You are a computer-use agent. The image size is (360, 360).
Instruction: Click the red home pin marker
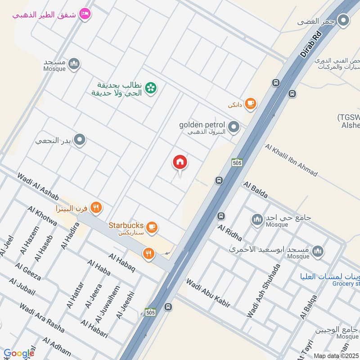[x=180, y=162]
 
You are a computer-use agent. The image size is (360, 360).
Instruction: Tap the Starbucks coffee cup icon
[x=152, y=227]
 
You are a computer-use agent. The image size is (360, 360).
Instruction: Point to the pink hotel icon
[x=85, y=14]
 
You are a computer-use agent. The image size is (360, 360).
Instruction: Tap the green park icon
[x=151, y=88]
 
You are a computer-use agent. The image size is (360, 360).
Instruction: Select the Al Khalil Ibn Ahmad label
[x=291, y=160]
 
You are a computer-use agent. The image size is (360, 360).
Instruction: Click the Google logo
[x=19, y=353]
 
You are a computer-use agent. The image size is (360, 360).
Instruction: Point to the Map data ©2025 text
[x=335, y=356]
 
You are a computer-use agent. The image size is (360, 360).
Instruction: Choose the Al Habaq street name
[x=121, y=262]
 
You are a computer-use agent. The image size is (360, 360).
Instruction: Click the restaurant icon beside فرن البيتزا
[x=95, y=208]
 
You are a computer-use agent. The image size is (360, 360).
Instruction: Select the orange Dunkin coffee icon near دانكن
[x=251, y=104]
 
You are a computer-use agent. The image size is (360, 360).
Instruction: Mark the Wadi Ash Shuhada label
[x=263, y=291]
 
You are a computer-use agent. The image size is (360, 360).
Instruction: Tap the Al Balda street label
[x=256, y=190]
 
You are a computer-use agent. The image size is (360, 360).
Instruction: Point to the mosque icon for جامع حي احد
[x=257, y=219]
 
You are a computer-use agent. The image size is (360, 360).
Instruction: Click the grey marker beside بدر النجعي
[x=80, y=140]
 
